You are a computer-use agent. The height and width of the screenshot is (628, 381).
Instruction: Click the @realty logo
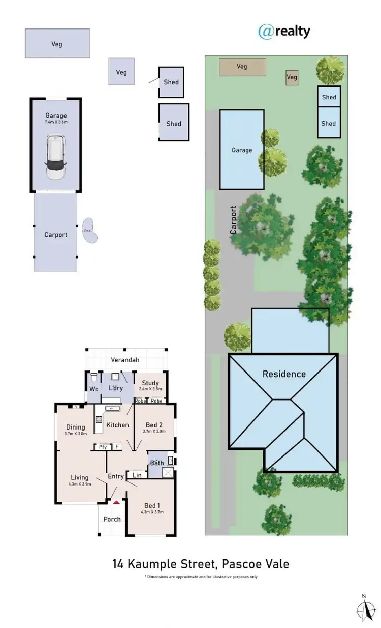284,31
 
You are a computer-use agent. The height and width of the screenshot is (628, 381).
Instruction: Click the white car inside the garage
56,157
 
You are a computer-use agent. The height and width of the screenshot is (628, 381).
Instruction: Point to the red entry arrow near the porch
116,502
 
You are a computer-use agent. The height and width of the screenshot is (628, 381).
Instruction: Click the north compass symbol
364,609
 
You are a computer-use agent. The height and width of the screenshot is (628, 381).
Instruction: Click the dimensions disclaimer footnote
201,577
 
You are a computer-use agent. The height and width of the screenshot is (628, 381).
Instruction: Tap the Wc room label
93,389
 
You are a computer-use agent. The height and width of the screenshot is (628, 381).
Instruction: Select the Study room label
150,383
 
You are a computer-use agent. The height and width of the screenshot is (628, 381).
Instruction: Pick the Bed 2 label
154,425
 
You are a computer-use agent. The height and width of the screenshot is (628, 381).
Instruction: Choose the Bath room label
156,463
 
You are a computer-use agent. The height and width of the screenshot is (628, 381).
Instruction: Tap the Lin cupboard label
137,475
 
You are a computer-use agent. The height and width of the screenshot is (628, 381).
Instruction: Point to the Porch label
112,519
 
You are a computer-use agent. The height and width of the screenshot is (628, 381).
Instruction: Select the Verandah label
125,360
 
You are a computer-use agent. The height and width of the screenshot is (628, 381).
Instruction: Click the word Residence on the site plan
284,374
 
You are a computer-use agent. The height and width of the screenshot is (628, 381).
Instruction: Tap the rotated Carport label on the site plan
233,219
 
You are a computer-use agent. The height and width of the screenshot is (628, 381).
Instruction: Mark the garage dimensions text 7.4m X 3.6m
56,122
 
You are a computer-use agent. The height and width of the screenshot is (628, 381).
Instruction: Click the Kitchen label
117,425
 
